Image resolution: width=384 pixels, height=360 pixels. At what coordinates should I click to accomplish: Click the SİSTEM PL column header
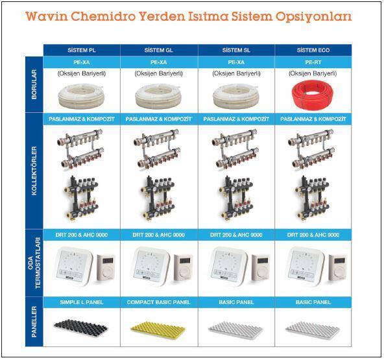pos(82,50)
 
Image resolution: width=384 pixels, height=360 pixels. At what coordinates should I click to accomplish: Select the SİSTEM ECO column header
pos(313,50)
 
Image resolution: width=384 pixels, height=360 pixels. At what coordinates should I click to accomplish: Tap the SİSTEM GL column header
pos(159,50)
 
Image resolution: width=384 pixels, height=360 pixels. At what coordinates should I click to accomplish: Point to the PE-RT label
pos(313,62)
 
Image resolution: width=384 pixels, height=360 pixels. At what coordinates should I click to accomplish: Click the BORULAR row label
pos(34,84)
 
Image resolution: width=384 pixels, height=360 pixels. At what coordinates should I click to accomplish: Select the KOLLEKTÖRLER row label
pos(34,171)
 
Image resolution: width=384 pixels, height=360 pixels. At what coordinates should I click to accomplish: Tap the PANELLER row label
pos(34,322)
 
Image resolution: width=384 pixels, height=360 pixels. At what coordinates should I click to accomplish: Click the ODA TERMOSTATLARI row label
pos(34,263)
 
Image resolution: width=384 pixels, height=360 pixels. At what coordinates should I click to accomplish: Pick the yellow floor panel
pos(158,330)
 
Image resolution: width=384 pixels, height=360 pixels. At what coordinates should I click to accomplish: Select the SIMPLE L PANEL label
pos(82,302)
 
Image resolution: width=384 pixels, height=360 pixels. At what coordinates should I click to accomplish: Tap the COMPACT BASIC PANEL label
pos(159,302)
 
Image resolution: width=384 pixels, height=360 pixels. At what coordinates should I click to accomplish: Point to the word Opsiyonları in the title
pos(314,17)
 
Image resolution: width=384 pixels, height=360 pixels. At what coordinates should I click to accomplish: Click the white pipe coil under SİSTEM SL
pos(235,97)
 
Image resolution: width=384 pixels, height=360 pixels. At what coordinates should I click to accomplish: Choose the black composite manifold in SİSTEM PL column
pos(81,198)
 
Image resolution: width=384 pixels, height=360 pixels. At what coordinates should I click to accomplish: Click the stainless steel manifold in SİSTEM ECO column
pos(311,149)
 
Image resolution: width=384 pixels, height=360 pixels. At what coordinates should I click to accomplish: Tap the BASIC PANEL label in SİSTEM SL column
pos(236,302)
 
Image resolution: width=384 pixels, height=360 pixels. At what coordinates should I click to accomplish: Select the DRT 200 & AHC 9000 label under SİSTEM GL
pos(159,235)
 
